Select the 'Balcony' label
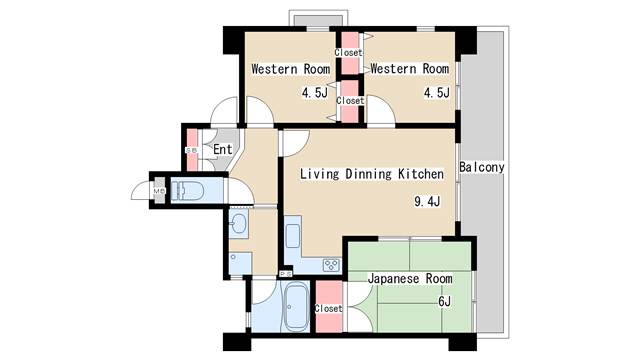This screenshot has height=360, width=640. coord(481,167)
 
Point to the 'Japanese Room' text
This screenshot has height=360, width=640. coord(410,278)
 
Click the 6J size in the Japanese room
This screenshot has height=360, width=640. coord(443,301)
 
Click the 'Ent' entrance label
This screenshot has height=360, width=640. coord(223,150)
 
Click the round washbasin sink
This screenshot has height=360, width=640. coord(240,224)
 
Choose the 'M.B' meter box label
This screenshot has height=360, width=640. coord(158,190)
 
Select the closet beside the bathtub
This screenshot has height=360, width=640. coord(328,308)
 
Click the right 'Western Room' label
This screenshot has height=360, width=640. coord(408,69)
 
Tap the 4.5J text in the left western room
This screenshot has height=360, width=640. coord(314,93)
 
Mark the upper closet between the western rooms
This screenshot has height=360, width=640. coord(348,52)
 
